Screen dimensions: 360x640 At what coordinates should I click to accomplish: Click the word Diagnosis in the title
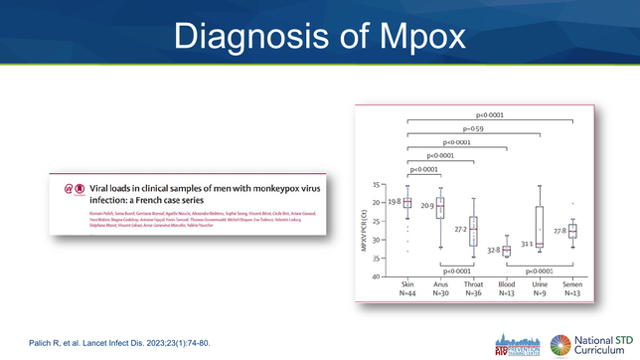point(248,37)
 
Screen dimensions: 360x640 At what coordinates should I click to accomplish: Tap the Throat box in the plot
point(474,231)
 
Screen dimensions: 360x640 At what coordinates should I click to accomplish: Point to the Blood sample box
point(507,251)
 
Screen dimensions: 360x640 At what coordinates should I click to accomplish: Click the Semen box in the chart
point(572,231)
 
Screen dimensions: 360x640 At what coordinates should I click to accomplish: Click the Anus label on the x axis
point(441,283)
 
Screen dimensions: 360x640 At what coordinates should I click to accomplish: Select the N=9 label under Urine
point(540,292)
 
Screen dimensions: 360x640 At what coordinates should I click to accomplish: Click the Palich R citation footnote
point(119,343)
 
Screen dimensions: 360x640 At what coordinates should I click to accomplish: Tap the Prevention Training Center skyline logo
point(519,343)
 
